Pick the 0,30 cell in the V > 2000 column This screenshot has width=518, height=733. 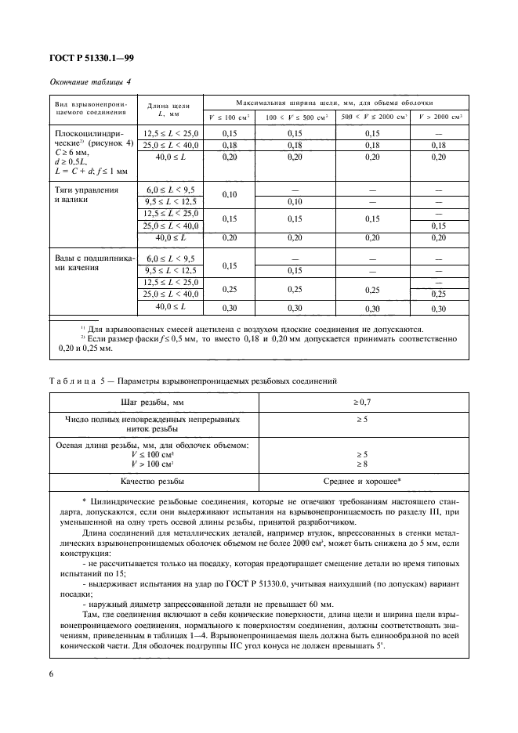point(440,309)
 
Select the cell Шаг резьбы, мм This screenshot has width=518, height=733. point(153,403)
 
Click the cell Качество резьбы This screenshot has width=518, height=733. point(153,482)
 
